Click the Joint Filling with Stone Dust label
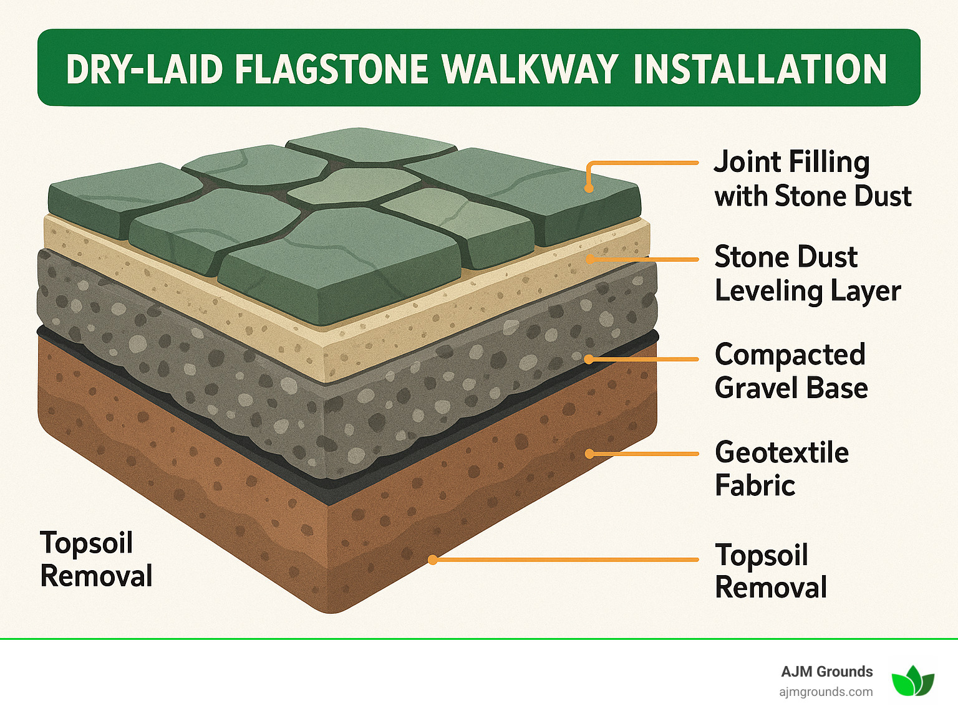(812, 179)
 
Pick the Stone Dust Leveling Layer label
(807, 274)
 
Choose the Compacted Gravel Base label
(791, 371)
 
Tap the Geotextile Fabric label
(781, 469)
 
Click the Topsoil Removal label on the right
(771, 571)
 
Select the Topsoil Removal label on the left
(96, 559)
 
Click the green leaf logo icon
(912, 681)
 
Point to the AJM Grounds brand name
(826, 672)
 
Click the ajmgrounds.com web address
(826, 692)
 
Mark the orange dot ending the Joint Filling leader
(588, 188)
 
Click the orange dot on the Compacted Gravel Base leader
(589, 359)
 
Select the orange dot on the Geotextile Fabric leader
(589, 454)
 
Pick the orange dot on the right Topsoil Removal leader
(432, 560)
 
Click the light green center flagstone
(354, 185)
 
